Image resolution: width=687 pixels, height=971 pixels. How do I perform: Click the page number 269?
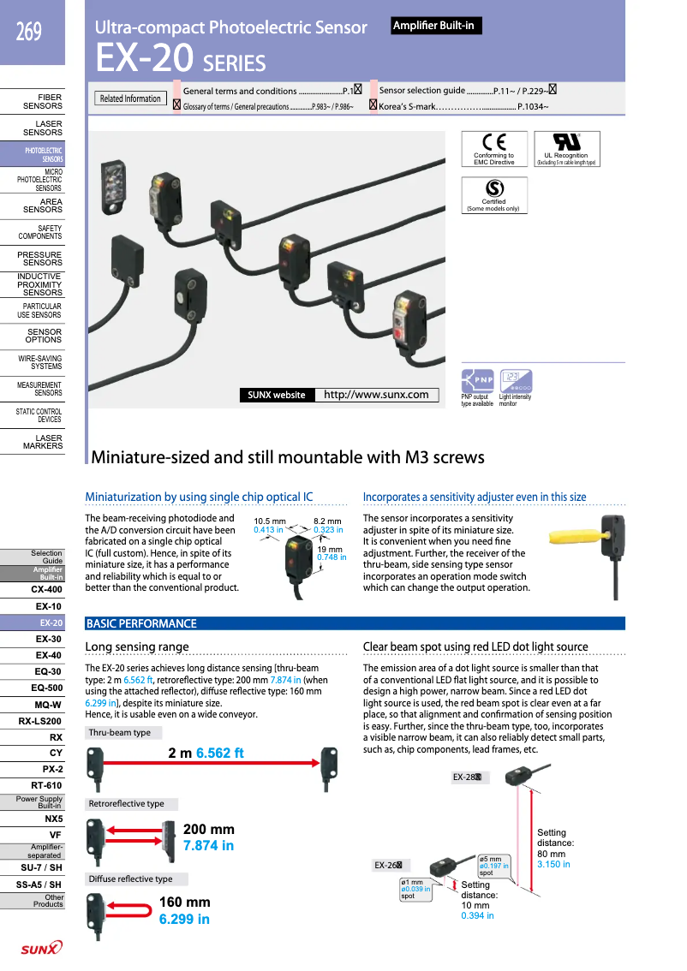[x=28, y=33]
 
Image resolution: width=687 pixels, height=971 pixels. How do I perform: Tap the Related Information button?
[x=130, y=98]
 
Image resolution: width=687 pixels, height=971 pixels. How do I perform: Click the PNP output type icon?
[x=478, y=381]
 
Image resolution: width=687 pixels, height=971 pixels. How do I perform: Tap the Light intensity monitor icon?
[x=516, y=381]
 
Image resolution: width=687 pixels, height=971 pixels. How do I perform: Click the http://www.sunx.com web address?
[x=376, y=395]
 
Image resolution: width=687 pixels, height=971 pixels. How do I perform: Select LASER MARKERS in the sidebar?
[x=43, y=442]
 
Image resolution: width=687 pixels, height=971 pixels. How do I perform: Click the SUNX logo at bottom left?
[x=41, y=948]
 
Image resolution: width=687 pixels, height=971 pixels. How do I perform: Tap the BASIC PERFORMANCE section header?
[x=141, y=623]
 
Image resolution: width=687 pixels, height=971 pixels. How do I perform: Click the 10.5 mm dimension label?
[x=269, y=521]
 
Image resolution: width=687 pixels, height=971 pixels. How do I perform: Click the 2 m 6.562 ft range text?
[x=206, y=753]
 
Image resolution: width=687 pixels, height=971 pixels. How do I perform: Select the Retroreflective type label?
[x=127, y=804]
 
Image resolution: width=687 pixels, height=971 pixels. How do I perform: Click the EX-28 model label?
[x=469, y=777]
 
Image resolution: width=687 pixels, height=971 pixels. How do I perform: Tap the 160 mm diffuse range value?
[x=184, y=902]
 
